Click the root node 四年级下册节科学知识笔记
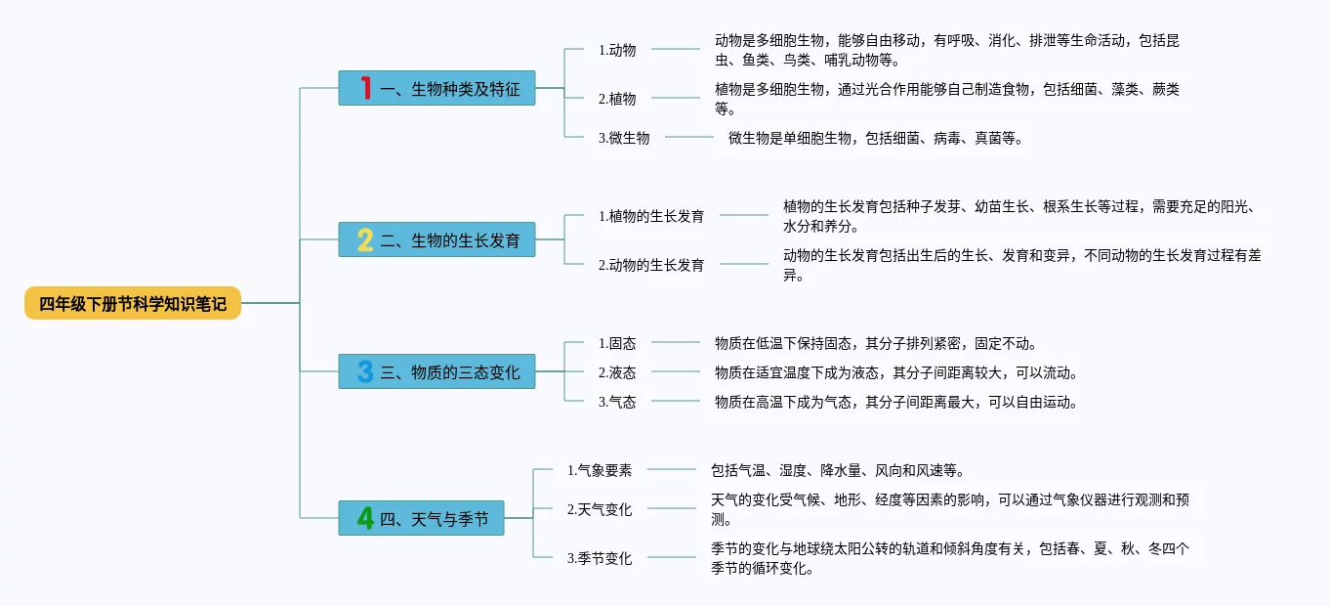(133, 303)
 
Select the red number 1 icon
(366, 89)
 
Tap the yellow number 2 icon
(365, 239)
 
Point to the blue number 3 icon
(365, 371)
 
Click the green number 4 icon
(365, 518)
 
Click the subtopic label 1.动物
(617, 49)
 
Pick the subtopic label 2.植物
(617, 98)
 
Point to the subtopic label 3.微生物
(624, 138)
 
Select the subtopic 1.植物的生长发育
(651, 216)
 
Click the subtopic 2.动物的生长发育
(651, 264)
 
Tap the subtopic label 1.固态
(617, 343)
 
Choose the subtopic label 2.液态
(617, 372)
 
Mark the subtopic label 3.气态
(617, 401)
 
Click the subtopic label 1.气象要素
(600, 470)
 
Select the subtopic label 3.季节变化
(600, 558)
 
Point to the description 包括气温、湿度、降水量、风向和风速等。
(838, 470)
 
